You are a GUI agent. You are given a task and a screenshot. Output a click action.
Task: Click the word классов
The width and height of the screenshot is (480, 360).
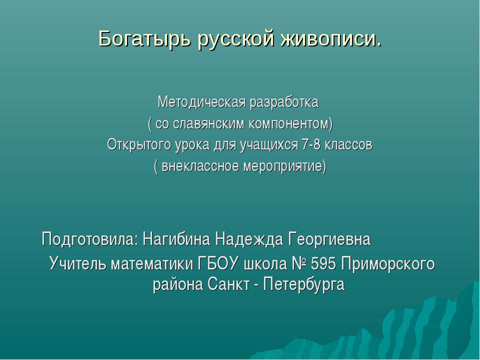(349, 145)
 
